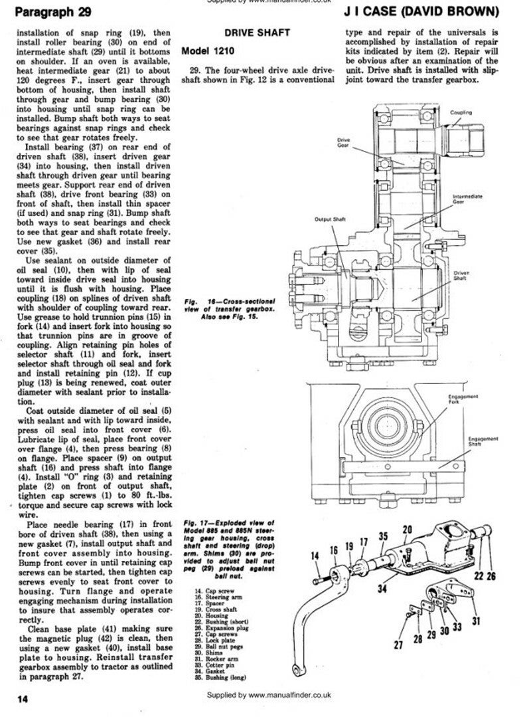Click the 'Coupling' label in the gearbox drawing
(461, 113)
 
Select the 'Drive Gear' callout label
(343, 142)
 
